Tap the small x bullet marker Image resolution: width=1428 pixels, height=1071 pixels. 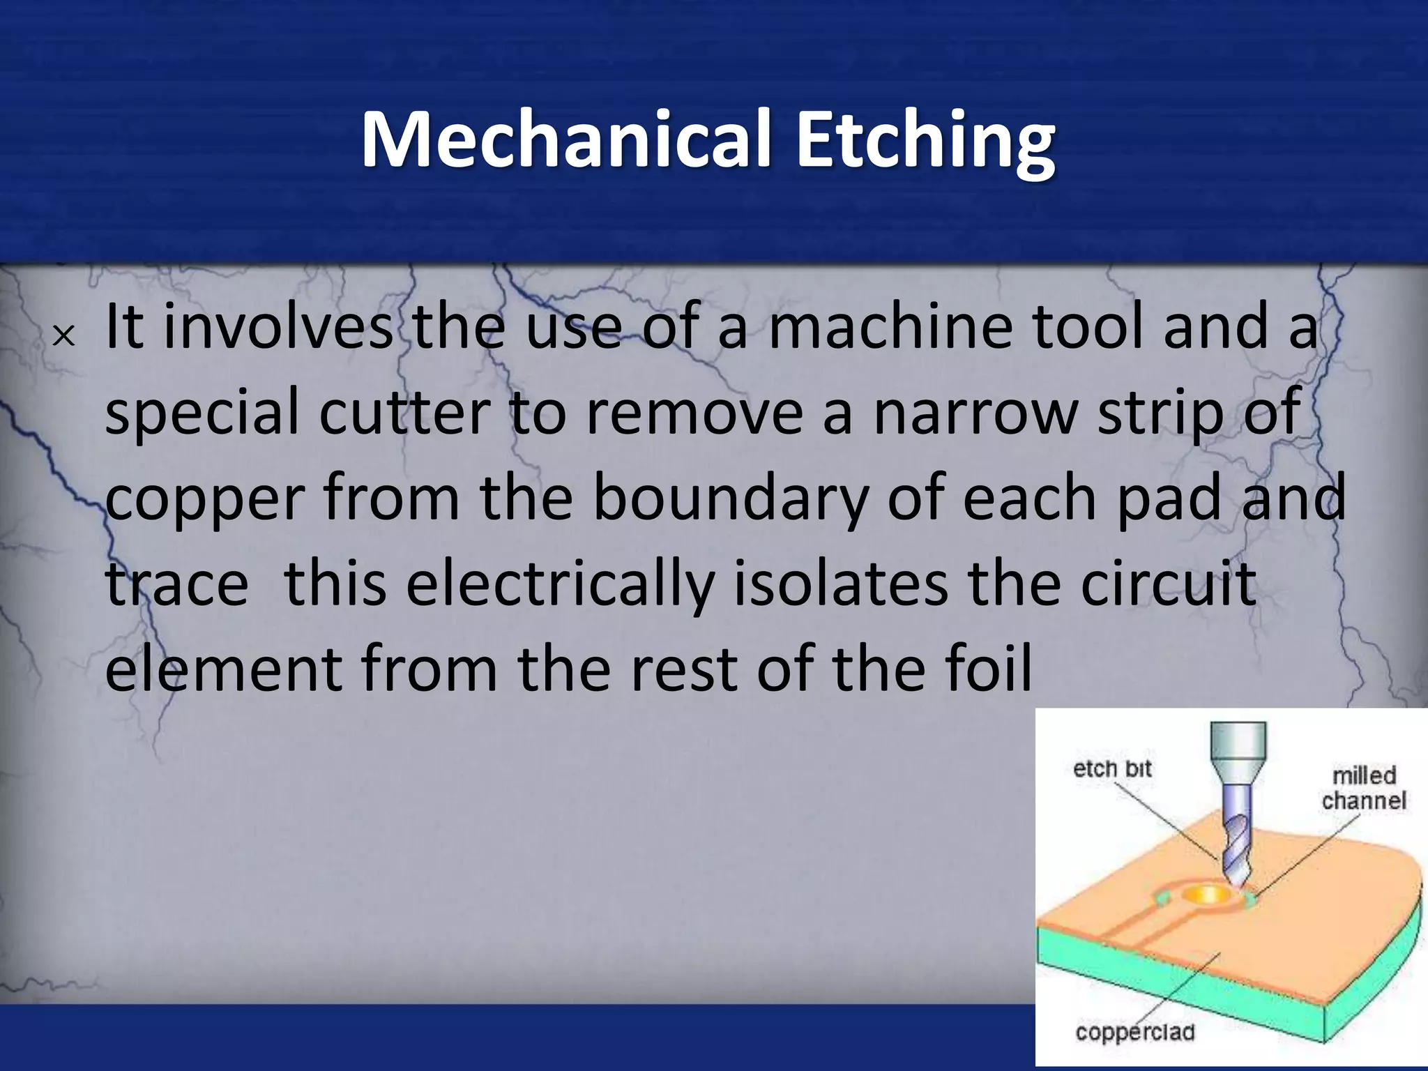click(63, 337)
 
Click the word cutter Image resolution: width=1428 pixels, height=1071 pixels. click(404, 413)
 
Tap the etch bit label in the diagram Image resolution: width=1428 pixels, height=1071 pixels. click(1111, 770)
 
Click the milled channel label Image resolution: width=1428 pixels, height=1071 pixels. click(1363, 788)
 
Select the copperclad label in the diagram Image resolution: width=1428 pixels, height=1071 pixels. click(1135, 1032)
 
